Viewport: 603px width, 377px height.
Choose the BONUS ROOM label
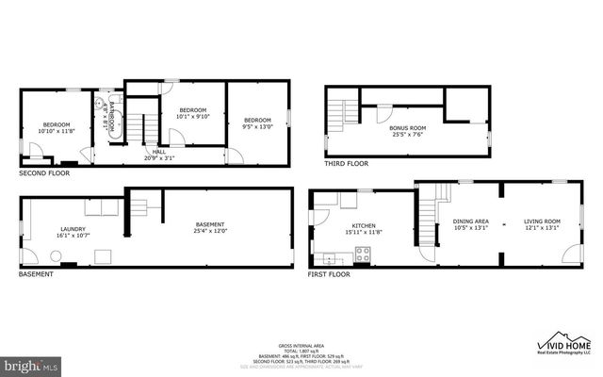click(407, 130)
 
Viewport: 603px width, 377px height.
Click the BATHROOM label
click(110, 115)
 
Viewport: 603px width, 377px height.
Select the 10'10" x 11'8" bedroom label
click(56, 128)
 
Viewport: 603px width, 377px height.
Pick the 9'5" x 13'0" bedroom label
click(257, 123)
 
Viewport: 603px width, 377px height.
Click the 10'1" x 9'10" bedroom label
click(193, 113)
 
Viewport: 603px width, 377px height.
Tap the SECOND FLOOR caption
click(44, 174)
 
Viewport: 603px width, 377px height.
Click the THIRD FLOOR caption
click(347, 163)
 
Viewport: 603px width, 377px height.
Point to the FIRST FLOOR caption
click(329, 274)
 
